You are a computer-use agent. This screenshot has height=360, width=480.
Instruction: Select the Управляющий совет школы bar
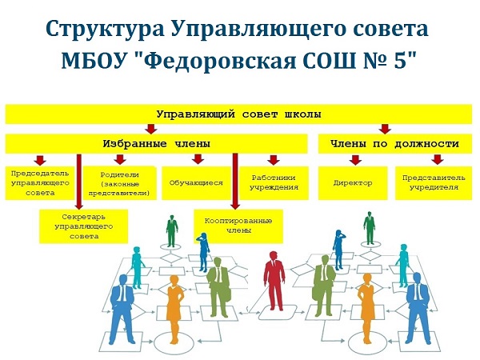(238, 114)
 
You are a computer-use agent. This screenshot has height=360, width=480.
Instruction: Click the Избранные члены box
(157, 143)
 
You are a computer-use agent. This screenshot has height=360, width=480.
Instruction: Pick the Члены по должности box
(395, 143)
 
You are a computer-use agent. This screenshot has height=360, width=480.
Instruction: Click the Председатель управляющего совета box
(40, 183)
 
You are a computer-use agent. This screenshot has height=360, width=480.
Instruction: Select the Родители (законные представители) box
(120, 183)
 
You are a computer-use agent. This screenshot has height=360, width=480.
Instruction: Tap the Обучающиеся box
(196, 183)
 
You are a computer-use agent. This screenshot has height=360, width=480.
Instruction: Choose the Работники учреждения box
(274, 183)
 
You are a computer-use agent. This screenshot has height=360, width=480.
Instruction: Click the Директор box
(353, 183)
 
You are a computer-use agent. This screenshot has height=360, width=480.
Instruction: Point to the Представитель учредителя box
(434, 183)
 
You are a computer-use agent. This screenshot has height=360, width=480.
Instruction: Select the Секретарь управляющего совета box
(83, 226)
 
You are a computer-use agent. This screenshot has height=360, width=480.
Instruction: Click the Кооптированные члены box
(238, 226)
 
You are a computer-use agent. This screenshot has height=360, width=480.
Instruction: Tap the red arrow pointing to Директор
(355, 160)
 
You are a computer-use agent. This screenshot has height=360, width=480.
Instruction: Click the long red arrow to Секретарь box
(79, 182)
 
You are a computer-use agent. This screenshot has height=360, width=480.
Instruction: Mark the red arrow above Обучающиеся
(198, 159)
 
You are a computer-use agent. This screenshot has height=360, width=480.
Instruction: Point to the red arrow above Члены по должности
(385, 129)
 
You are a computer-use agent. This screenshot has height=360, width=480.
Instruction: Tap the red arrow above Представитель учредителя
(438, 160)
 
